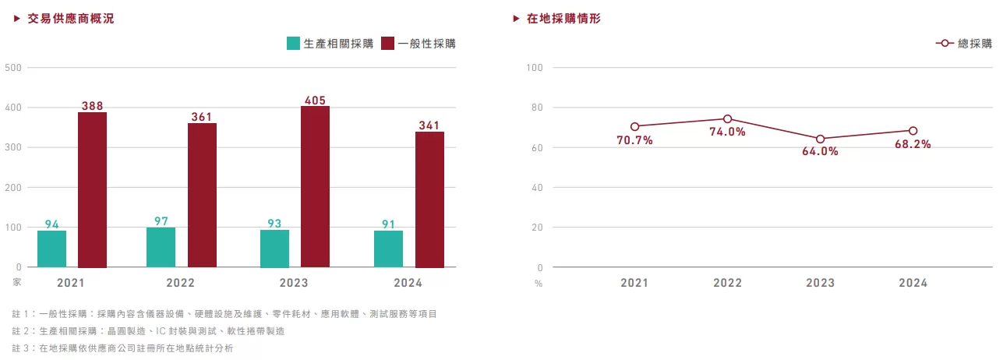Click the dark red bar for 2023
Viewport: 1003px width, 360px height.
pos(315,187)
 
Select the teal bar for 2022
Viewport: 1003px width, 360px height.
pos(161,247)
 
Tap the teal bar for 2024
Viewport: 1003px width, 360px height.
pos(388,249)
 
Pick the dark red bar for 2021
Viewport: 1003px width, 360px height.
pos(92,190)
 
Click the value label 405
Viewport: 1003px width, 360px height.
pos(316,100)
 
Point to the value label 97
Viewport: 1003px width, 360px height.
pos(161,221)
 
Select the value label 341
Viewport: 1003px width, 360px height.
pos(429,125)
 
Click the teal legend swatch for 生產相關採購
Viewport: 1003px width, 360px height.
pos(294,44)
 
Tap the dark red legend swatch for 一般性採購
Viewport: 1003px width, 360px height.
pos(388,44)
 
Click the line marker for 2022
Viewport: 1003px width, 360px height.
pos(728,119)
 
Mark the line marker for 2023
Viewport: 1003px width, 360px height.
pos(821,139)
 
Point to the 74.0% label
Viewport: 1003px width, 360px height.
pos(728,132)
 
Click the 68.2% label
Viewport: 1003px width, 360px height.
pos(913,144)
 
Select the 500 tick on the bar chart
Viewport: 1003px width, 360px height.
pos(13,68)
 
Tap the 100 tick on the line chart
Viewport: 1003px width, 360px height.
pos(534,68)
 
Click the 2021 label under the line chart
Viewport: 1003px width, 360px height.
pos(634,283)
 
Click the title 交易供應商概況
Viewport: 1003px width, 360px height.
pos(70,19)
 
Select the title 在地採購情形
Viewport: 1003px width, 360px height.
pos(563,19)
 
